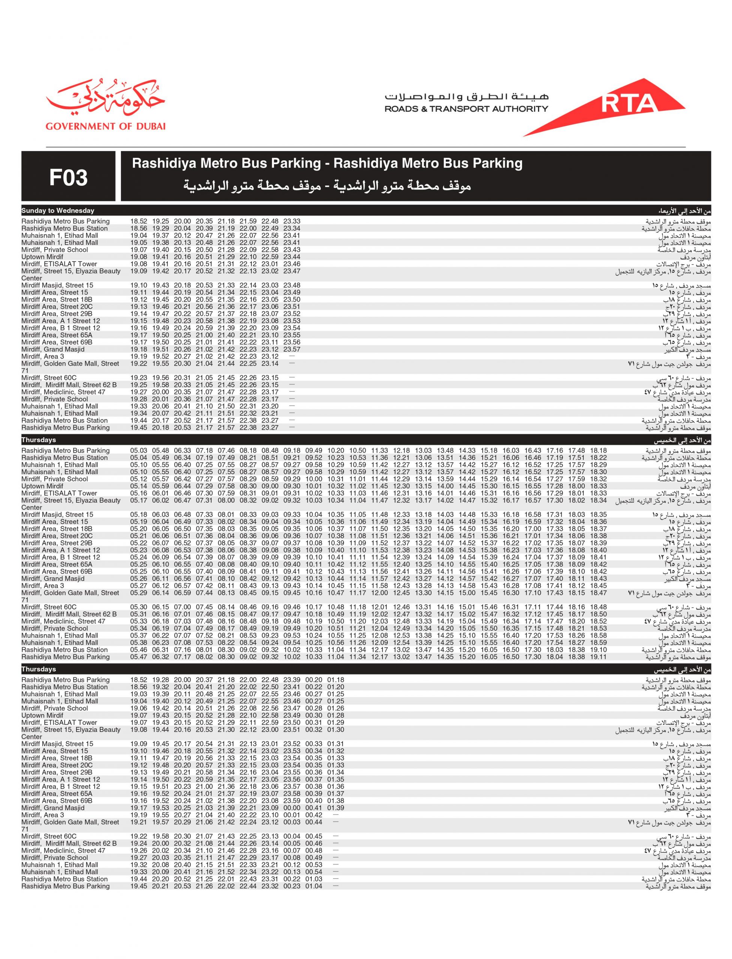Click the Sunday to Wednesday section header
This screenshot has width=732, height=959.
tap(58, 211)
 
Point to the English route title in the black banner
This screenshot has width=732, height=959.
tap(327, 163)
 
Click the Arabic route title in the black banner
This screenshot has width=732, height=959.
tap(327, 187)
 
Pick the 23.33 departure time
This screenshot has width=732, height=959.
tap(291, 221)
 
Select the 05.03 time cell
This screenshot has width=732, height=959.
tap(139, 451)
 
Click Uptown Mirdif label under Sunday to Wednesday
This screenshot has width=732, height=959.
tap(42, 257)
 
